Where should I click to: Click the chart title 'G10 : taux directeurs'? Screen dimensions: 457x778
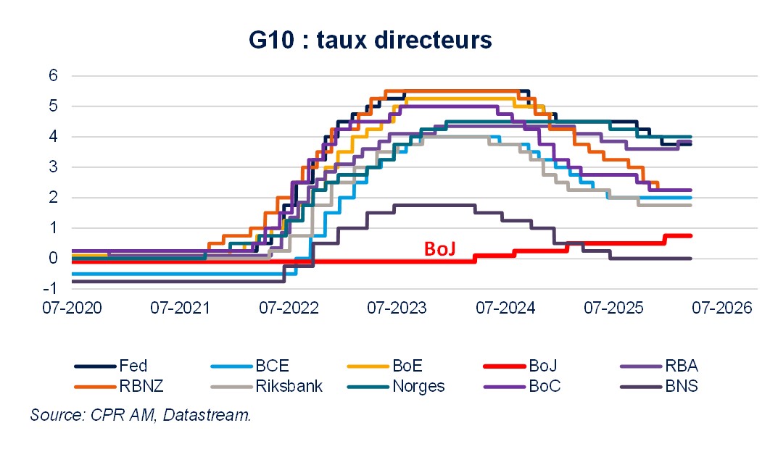pyautogui.click(x=371, y=40)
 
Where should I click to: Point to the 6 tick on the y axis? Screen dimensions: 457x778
pyautogui.click(x=54, y=75)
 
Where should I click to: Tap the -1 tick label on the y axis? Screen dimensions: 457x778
pyautogui.click(x=51, y=288)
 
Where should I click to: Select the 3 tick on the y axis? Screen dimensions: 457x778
pyautogui.click(x=54, y=167)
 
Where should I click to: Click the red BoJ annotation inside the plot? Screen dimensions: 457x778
pyautogui.click(x=439, y=248)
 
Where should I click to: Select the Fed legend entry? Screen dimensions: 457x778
pyautogui.click(x=133, y=366)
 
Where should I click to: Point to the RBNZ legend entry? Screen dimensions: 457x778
pyautogui.click(x=141, y=386)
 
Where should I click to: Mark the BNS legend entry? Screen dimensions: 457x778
pyautogui.click(x=682, y=386)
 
